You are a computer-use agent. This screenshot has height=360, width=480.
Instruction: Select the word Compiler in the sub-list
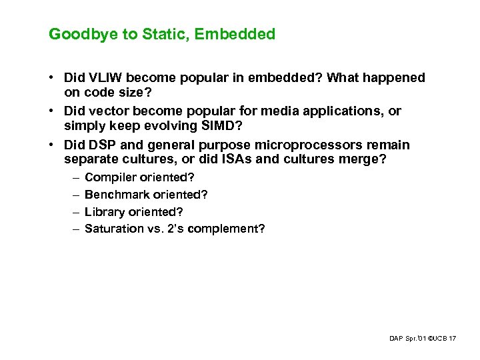click(x=110, y=177)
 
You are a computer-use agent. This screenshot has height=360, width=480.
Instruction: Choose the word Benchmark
click(x=114, y=195)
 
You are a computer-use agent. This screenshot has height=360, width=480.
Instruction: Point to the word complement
click(x=231, y=229)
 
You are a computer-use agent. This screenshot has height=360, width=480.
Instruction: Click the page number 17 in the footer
click(x=453, y=339)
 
